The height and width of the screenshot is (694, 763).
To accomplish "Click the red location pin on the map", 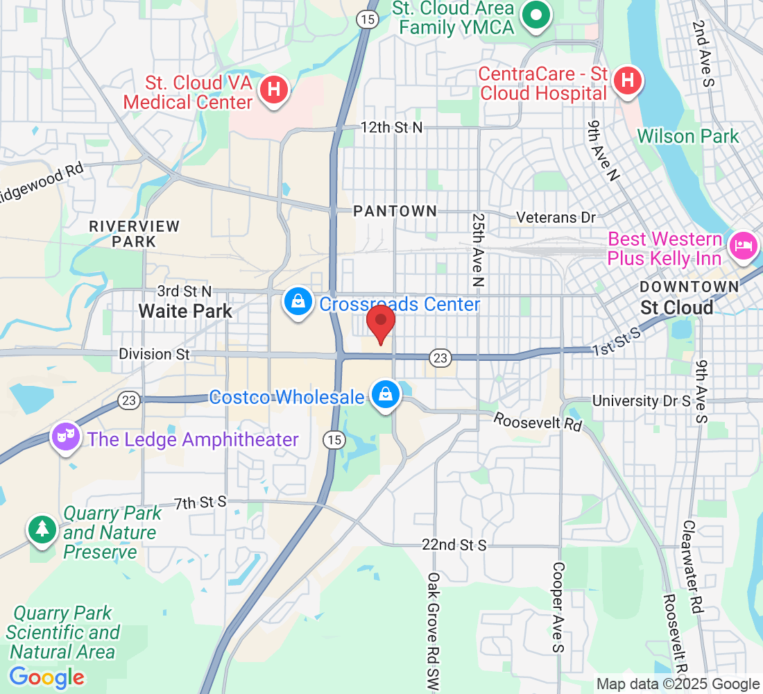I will pyautogui.click(x=380, y=322).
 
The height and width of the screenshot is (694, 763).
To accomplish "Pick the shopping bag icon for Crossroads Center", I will pyautogui.click(x=298, y=303).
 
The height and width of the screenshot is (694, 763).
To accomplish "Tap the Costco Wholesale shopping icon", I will pyautogui.click(x=384, y=395).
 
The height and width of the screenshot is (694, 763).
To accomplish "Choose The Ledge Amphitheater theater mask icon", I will pyautogui.click(x=65, y=437).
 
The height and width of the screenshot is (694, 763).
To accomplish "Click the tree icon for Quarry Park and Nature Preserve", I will pyautogui.click(x=42, y=530).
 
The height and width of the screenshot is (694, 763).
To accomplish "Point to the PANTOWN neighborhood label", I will pyautogui.click(x=395, y=211).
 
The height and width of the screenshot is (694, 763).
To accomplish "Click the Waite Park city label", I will pyautogui.click(x=185, y=311).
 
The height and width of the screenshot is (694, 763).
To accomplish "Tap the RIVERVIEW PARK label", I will pyautogui.click(x=135, y=234).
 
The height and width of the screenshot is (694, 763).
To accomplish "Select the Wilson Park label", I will pyautogui.click(x=688, y=136).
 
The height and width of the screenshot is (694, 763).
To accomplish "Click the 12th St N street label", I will pyautogui.click(x=391, y=128).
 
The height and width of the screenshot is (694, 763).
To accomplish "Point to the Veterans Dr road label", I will pyautogui.click(x=556, y=217).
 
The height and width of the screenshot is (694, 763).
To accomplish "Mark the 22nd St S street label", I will pyautogui.click(x=454, y=545).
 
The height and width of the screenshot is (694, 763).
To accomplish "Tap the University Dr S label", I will pyautogui.click(x=642, y=401).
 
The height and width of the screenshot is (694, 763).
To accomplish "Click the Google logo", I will pyautogui.click(x=47, y=677).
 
